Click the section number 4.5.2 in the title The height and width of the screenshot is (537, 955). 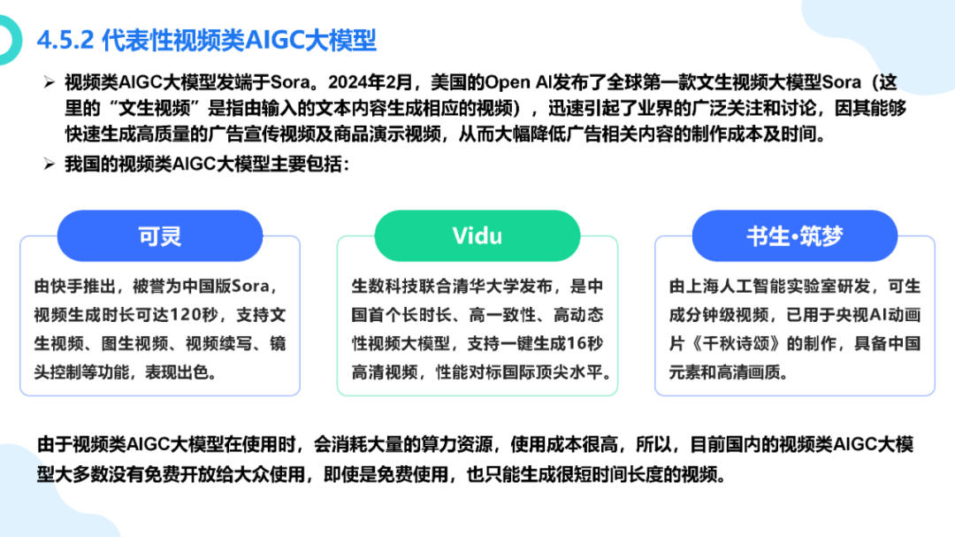click(x=65, y=41)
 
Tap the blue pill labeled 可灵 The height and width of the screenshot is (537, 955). click(x=160, y=236)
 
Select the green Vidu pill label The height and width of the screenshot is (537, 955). click(x=477, y=236)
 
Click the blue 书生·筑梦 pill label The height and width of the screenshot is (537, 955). click(x=795, y=236)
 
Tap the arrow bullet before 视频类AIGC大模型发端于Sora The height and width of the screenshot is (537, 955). click(x=50, y=82)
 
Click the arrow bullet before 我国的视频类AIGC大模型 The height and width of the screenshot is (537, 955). click(x=50, y=164)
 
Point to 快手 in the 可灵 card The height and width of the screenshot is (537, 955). click(x=67, y=287)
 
